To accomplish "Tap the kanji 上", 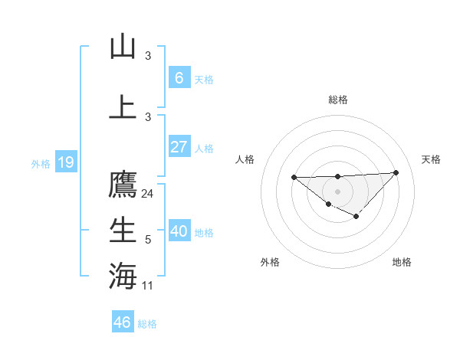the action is pyautogui.click(x=123, y=106).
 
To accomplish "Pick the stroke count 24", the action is pyautogui.click(x=148, y=194).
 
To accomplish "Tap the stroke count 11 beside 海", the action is pyautogui.click(x=148, y=286).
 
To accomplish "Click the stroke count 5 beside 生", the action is pyautogui.click(x=148, y=240).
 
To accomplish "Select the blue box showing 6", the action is pyautogui.click(x=179, y=77).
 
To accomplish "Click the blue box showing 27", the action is pyautogui.click(x=179, y=147).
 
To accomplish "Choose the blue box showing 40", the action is pyautogui.click(x=179, y=231).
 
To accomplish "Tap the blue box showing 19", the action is pyautogui.click(x=65, y=162).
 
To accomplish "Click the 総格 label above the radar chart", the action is pyautogui.click(x=337, y=100).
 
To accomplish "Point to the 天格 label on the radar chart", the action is pyautogui.click(x=431, y=159).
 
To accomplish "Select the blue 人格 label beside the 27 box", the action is pyautogui.click(x=204, y=149).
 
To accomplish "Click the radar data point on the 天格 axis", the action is pyautogui.click(x=396, y=172).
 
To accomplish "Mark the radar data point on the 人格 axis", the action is pyautogui.click(x=294, y=178).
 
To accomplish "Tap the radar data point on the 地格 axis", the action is pyautogui.click(x=356, y=217).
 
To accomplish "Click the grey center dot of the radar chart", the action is pyautogui.click(x=337, y=191).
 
